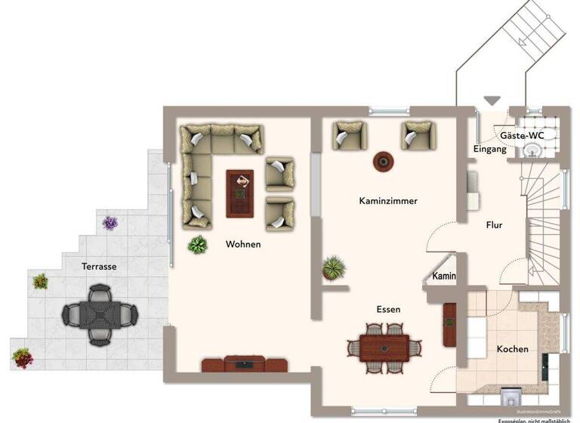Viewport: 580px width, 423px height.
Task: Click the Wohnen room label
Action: point(243,244)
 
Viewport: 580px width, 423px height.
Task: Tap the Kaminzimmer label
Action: point(388,201)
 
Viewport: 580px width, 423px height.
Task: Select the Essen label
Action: point(388,309)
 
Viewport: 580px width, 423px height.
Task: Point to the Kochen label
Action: point(512,349)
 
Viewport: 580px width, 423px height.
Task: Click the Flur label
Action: point(494,224)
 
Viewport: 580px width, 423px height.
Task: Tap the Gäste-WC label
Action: point(523,135)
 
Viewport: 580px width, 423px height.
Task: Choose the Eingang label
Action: point(489,150)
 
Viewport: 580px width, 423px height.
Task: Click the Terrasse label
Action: point(99,267)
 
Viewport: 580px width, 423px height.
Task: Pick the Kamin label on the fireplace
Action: point(444,276)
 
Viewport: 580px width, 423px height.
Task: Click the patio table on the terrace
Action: point(99,312)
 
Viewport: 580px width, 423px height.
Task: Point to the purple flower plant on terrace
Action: point(111,223)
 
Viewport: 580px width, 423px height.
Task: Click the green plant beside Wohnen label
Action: point(198,244)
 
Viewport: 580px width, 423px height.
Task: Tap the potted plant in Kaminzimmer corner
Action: point(333,267)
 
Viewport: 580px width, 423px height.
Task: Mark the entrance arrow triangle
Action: point(492,100)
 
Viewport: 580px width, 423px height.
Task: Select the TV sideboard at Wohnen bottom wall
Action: point(245,364)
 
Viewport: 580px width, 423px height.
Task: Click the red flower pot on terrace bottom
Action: point(22,356)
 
